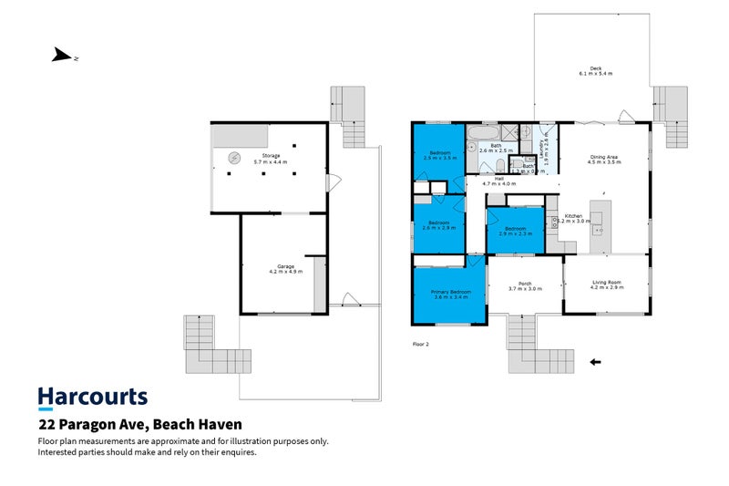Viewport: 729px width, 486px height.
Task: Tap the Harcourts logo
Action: (x=92, y=397)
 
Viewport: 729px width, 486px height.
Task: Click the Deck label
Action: (x=595, y=69)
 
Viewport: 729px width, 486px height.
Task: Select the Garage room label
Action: (x=284, y=267)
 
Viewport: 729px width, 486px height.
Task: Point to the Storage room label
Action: (x=271, y=157)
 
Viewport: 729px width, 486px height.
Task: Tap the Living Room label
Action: (x=606, y=283)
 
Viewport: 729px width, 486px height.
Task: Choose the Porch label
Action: (x=525, y=284)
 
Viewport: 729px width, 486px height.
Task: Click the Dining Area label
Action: (x=604, y=157)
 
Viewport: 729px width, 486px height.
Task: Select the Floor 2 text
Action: (x=420, y=345)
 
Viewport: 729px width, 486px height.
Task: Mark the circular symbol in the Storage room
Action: (x=234, y=155)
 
